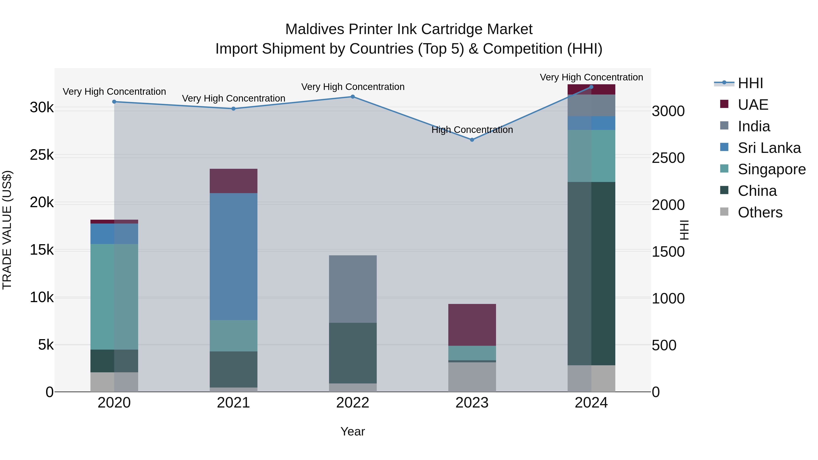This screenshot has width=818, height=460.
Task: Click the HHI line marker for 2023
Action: coord(472,140)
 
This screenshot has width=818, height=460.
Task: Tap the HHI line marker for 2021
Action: coord(233,109)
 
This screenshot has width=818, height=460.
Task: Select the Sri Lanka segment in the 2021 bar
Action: coord(233,256)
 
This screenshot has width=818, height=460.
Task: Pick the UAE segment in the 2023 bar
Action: coord(472,325)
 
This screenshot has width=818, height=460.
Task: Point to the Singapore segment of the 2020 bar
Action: coord(114,297)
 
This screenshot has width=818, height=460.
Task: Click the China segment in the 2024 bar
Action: coord(591,273)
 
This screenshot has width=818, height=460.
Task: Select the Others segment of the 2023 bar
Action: coord(472,377)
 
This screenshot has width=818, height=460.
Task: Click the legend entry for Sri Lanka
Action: coord(769,148)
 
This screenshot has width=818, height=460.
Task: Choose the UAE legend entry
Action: coord(753,105)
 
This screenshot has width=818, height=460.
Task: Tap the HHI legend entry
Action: coord(750,83)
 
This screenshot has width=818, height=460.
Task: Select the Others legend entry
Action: coord(760,212)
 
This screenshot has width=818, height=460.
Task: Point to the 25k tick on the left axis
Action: coord(42,155)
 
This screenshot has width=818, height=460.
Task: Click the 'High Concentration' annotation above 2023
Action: coord(472,130)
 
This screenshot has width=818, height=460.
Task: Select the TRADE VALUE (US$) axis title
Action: coord(7,230)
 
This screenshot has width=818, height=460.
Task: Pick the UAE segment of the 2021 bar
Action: coord(233,181)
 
